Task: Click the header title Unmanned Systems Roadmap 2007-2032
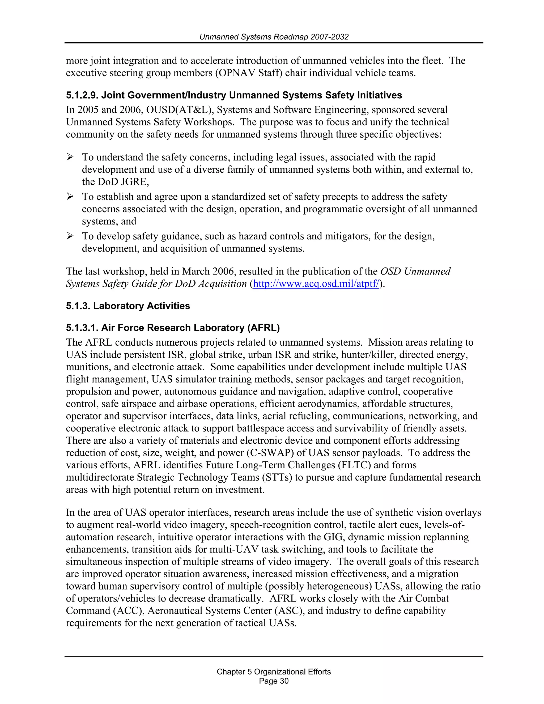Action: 274,37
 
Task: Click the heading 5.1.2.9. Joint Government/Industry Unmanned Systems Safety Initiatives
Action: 234,95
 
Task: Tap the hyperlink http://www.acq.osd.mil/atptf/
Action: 316,284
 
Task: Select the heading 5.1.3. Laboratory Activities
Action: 128,306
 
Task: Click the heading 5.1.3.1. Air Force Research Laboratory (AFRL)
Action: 173,328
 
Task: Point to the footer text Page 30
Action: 274,681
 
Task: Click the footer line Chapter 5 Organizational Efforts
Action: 274,671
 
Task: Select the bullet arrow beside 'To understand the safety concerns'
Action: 70,157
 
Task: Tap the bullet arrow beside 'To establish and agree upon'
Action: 70,197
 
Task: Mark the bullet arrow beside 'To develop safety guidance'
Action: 70,236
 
